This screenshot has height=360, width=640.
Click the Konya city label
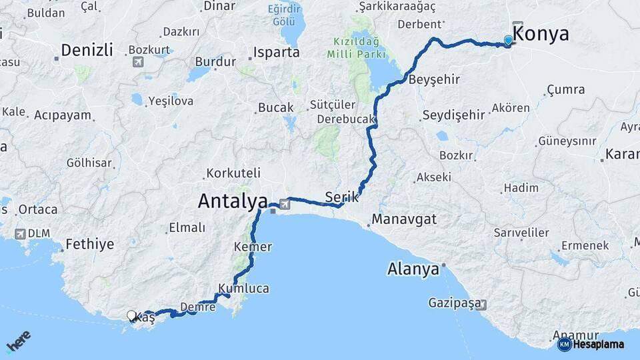point(541,35)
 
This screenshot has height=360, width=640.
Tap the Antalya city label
point(233,200)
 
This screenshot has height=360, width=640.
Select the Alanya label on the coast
point(413,269)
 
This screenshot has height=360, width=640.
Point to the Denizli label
point(87,50)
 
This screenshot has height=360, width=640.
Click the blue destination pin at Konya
point(509,41)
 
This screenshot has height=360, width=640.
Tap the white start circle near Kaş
point(131,315)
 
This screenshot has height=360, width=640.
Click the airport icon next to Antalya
point(285,203)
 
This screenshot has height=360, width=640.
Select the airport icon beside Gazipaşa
point(481,305)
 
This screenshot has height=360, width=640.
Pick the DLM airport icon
point(19,234)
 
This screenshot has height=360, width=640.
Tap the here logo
point(18,342)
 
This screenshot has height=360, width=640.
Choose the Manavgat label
point(404,219)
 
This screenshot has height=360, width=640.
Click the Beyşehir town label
point(434,79)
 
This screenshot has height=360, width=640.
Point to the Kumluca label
point(243,289)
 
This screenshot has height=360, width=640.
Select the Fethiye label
point(90,244)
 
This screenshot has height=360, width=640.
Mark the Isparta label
point(276,52)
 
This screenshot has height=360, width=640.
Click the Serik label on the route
point(342,197)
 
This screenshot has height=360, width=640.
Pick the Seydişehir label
point(453,115)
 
